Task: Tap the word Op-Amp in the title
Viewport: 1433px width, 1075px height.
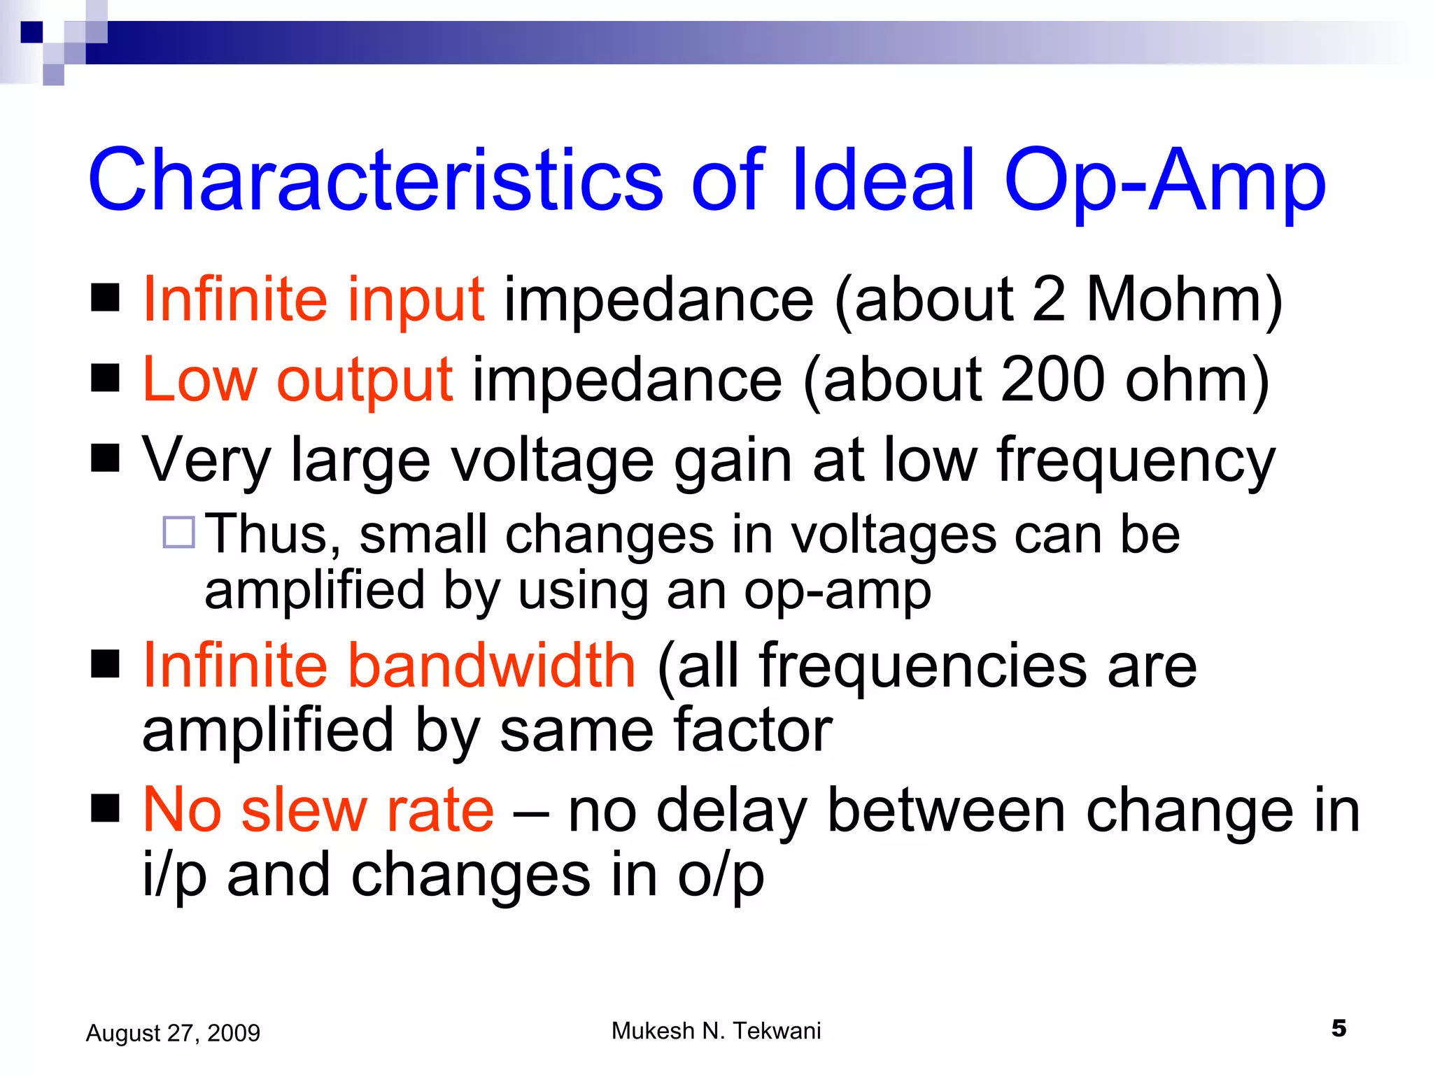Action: [x=1164, y=181]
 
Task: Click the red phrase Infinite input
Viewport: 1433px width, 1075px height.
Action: [x=313, y=300]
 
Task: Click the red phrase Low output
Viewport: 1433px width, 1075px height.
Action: [x=297, y=380]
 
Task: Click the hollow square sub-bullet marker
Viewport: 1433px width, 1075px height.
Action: [x=178, y=532]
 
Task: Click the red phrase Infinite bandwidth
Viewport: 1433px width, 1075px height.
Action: [x=389, y=666]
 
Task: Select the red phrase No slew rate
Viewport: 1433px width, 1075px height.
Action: [x=318, y=810]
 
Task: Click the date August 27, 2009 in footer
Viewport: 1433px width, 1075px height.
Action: [x=173, y=1033]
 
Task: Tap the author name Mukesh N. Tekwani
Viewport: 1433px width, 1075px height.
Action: [x=716, y=1031]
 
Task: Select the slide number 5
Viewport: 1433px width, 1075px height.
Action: [x=1339, y=1028]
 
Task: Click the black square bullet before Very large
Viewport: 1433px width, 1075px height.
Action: [x=106, y=459]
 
